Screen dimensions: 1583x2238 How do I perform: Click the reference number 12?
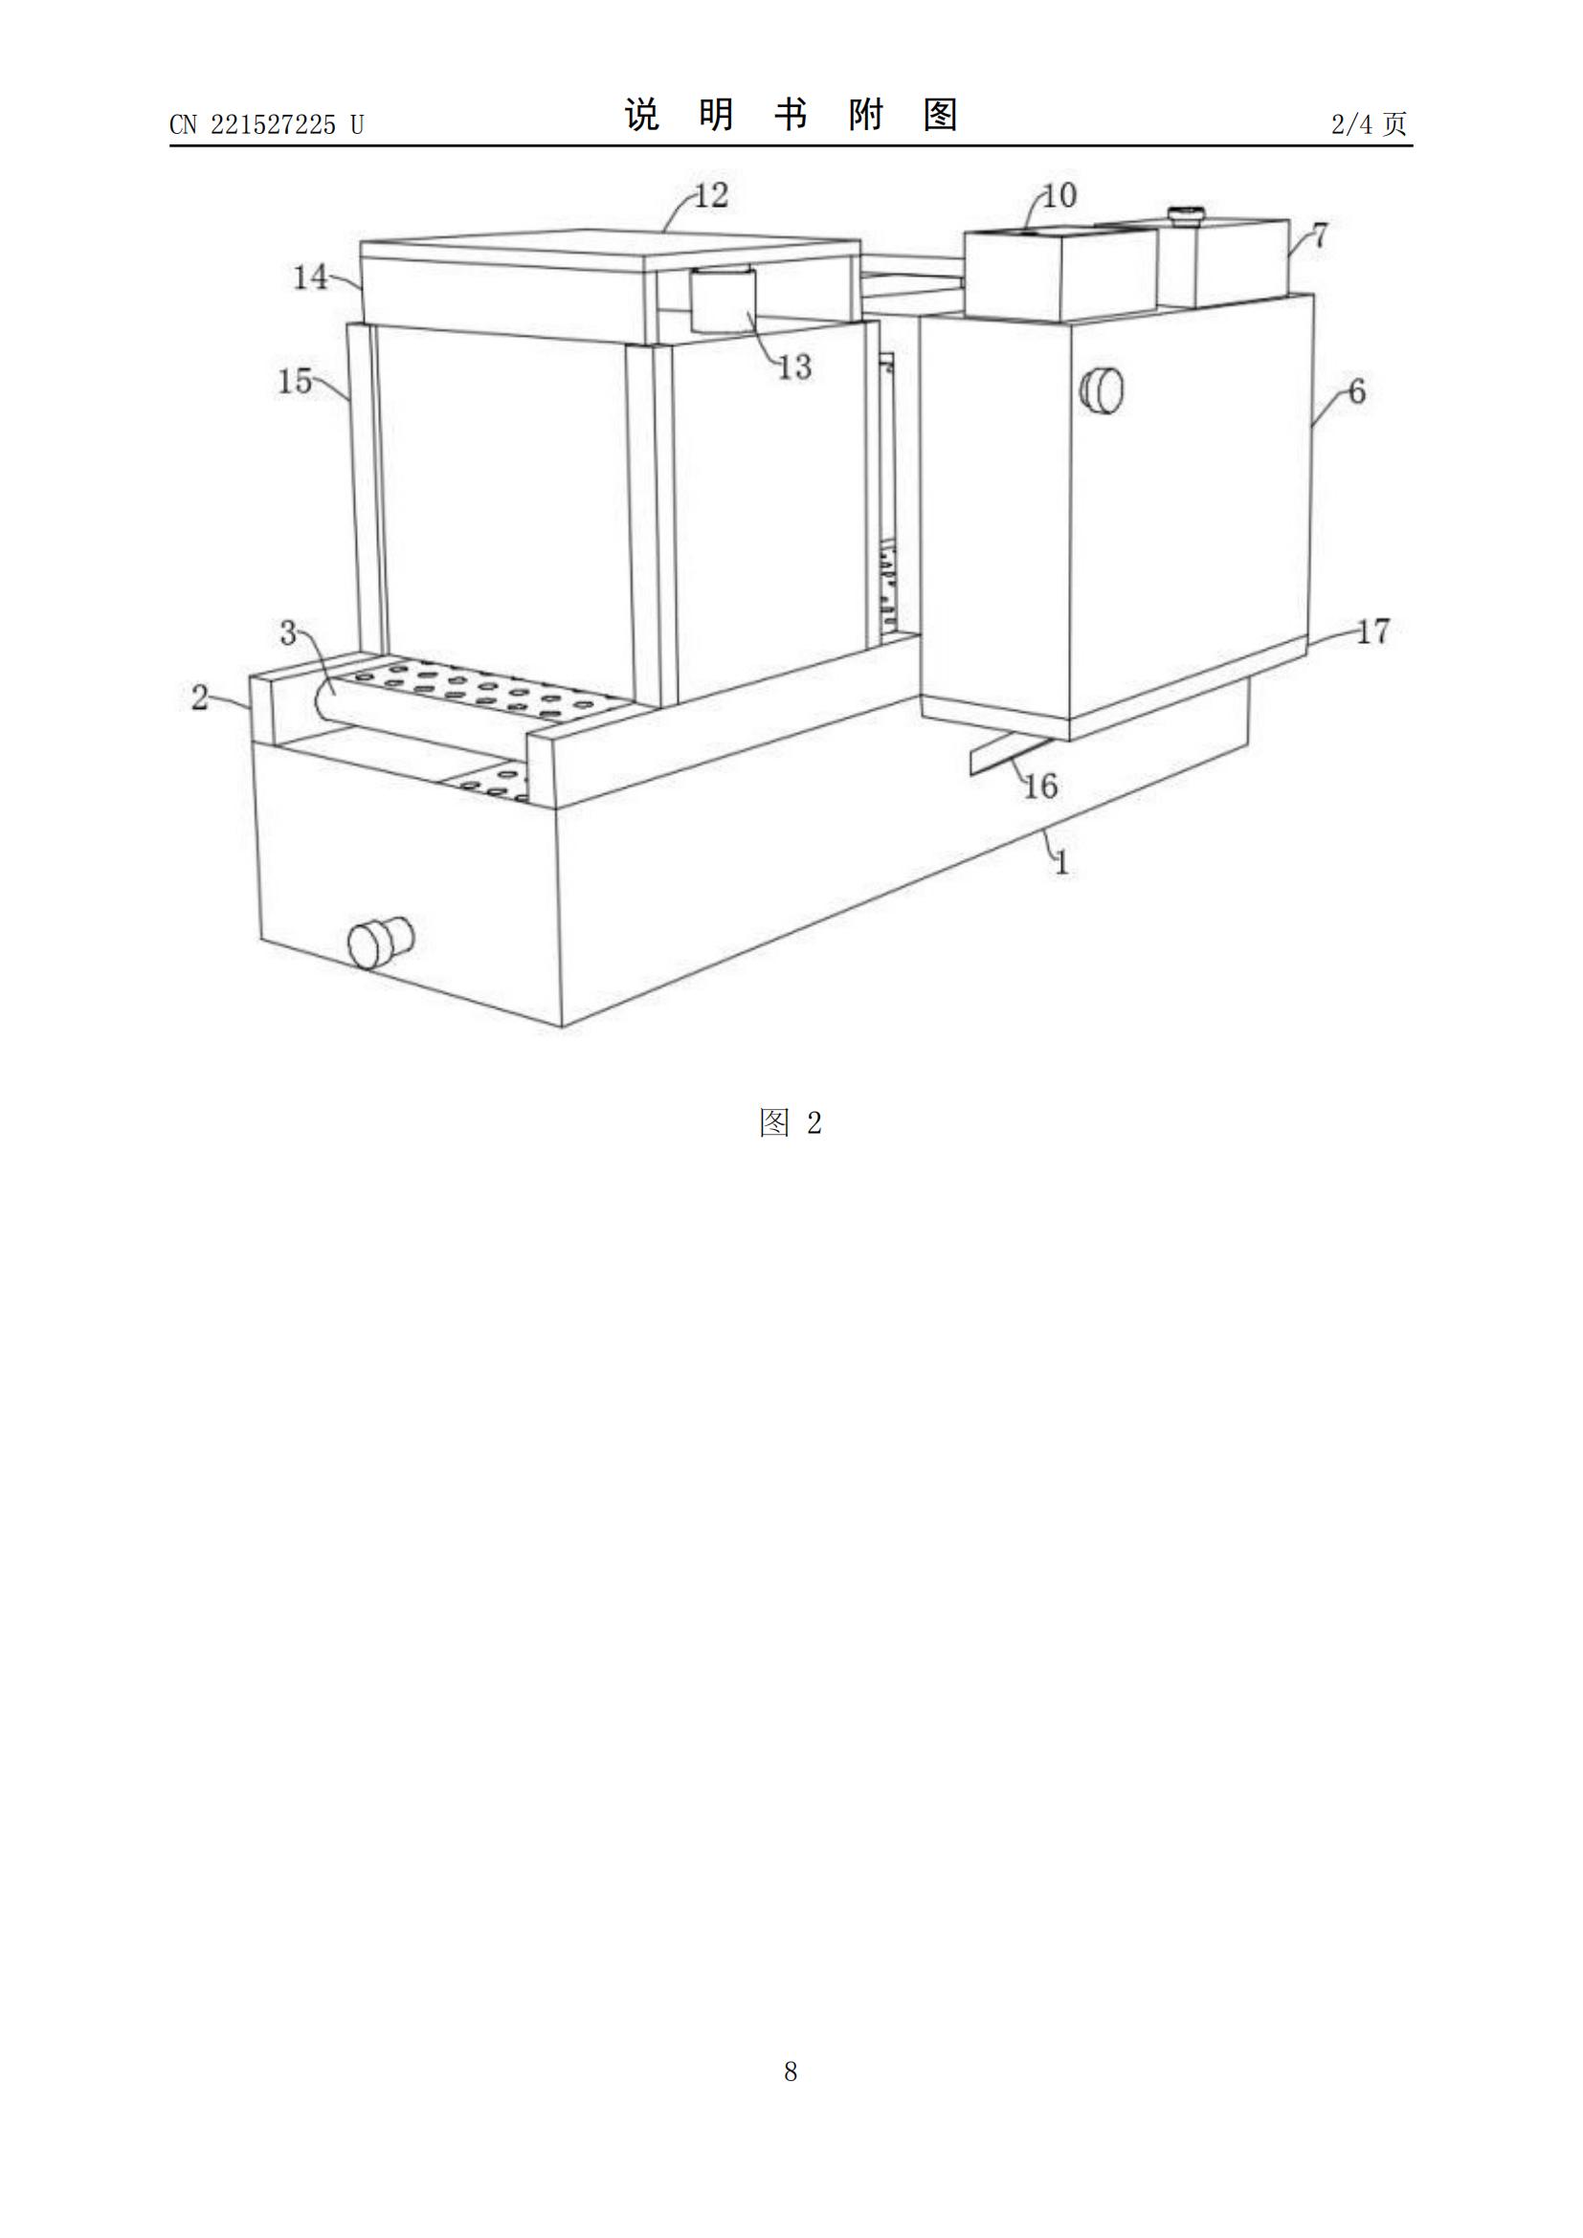[x=711, y=196]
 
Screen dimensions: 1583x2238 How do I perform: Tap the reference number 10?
[x=1059, y=196]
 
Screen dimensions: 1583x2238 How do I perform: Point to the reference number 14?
[x=311, y=277]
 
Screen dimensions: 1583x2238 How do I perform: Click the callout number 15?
[x=296, y=381]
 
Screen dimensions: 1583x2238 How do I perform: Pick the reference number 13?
[x=794, y=366]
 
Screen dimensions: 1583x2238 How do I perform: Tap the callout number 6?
[x=1357, y=392]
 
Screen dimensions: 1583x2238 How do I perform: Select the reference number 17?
[x=1372, y=632]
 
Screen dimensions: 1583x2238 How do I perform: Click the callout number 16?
[x=1040, y=786]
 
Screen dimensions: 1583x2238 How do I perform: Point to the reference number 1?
[x=1062, y=862]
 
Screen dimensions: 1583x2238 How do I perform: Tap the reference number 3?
[x=288, y=633]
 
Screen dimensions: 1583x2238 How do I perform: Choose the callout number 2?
[x=200, y=697]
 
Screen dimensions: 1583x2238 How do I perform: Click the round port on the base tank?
[x=381, y=942]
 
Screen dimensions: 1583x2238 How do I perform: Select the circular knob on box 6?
[x=1102, y=389]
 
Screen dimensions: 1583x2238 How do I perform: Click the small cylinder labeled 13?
[x=723, y=300]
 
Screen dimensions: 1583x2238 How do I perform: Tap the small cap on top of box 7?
[x=1185, y=214]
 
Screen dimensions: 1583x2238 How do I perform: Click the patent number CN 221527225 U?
[x=266, y=124]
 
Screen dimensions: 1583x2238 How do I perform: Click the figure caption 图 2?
[x=791, y=1123]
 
